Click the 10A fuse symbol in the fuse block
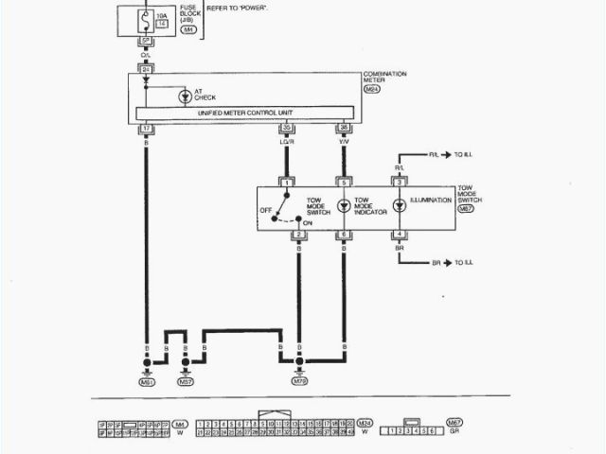[145, 16]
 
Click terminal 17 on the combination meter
[147, 128]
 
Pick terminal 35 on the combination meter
[287, 128]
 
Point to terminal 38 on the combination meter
[343, 128]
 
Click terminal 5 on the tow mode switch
[344, 181]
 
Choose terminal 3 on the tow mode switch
[400, 181]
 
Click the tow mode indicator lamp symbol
[344, 205]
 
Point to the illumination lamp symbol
[400, 204]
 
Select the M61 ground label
[147, 382]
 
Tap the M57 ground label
[186, 382]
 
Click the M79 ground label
[299, 382]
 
